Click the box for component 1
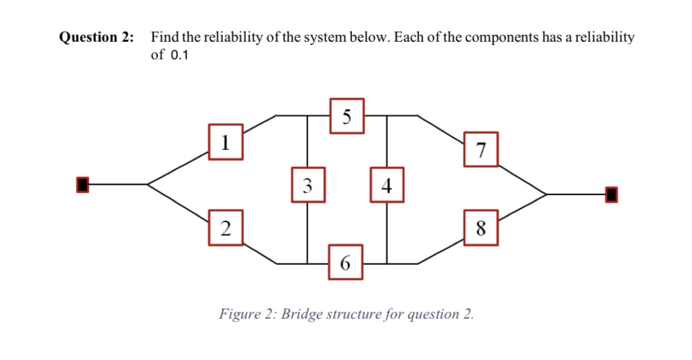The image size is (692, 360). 226,142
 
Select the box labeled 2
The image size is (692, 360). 226,228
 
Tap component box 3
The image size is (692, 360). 308,185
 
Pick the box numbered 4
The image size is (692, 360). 387,185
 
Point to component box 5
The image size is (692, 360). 347,116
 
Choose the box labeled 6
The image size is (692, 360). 345,263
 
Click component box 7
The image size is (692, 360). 480,149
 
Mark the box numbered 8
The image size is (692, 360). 480,228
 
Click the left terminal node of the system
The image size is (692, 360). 82,184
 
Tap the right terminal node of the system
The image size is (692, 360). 611,195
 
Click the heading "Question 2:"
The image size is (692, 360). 96,38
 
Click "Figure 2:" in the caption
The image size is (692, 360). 247,315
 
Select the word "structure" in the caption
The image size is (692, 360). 355,315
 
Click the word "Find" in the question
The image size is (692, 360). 164,38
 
